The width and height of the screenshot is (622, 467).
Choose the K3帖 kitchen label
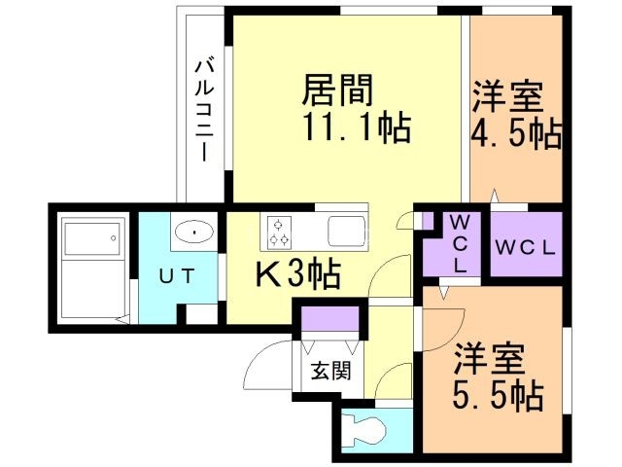tap(297, 276)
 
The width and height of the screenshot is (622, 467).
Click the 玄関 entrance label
tap(325, 371)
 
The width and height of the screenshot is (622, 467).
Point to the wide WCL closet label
tap(525, 247)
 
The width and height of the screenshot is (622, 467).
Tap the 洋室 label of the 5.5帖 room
tap(491, 361)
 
